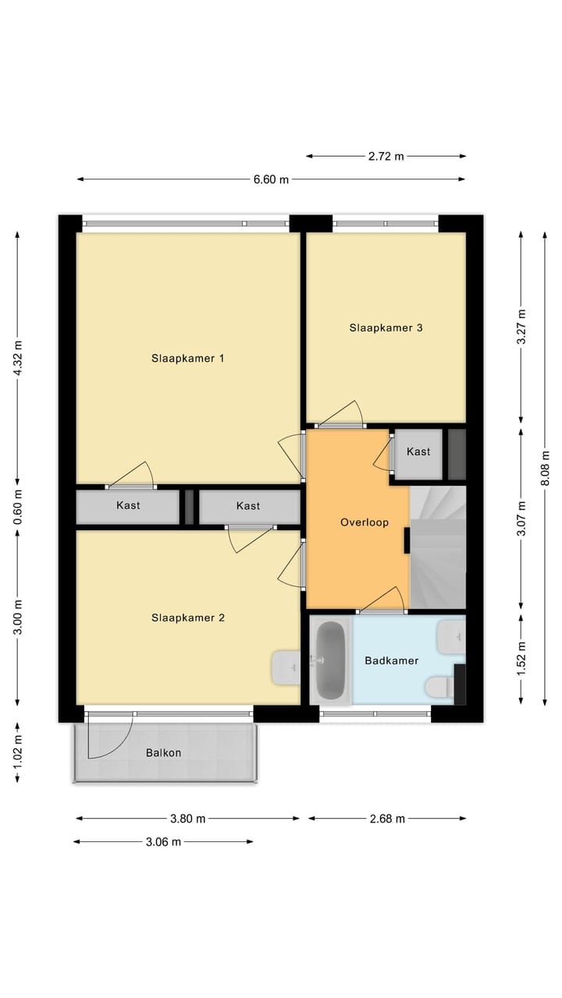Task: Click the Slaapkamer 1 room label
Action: (x=187, y=359)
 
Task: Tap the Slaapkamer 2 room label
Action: (x=187, y=618)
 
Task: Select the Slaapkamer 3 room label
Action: (x=386, y=327)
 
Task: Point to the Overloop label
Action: (x=364, y=522)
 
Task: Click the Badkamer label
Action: (x=391, y=660)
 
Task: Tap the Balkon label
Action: (x=163, y=752)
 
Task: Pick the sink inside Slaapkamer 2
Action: (x=286, y=667)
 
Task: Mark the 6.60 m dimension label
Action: (x=270, y=179)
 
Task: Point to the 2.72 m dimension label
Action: (x=386, y=156)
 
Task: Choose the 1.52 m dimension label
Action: (x=521, y=659)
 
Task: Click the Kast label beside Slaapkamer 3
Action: (x=418, y=451)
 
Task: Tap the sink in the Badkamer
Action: (x=450, y=637)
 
